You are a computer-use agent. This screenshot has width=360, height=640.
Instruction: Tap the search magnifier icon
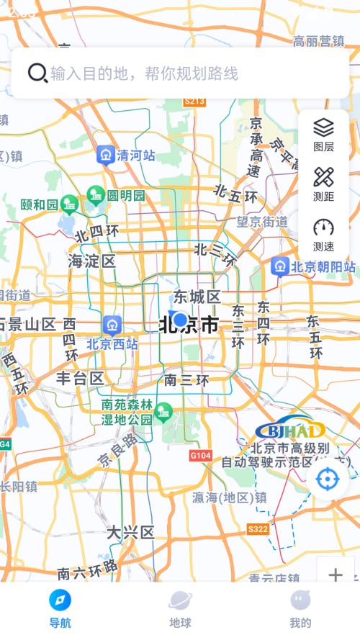37,73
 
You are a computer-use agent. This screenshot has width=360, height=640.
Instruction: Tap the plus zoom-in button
336,574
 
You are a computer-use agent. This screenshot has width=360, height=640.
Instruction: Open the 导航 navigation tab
60,609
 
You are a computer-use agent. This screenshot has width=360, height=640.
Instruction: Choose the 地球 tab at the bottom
180,609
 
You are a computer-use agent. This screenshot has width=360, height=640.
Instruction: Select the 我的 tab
300,609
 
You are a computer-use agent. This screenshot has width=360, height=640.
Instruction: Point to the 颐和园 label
40,205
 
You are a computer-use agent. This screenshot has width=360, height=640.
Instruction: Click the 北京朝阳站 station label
323,267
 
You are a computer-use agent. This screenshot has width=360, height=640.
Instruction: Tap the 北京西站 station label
112,343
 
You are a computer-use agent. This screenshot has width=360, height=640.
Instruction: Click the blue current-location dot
180,320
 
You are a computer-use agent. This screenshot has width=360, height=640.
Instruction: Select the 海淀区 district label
91,261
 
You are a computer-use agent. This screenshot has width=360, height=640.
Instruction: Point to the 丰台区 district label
81,378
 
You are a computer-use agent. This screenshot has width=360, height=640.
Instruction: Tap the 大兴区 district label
130,533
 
